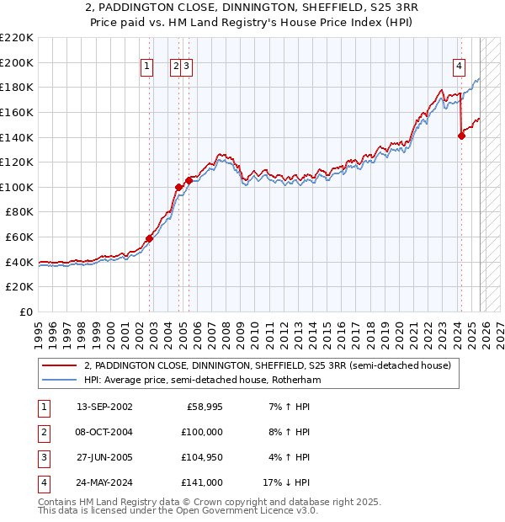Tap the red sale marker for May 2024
tap(461, 136)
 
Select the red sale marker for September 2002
tap(149, 238)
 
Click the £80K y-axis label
tap(19, 212)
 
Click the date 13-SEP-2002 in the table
tap(104, 407)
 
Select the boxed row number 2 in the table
tap(43, 432)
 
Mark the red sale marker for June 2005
tap(189, 180)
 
